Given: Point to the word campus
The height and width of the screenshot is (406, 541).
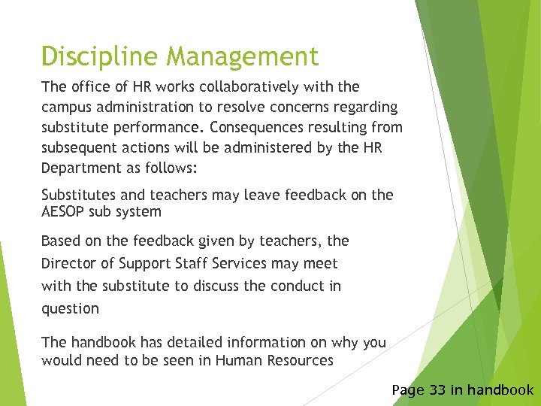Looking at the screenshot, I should click(x=67, y=108).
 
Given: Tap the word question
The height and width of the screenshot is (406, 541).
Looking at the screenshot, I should click(x=70, y=308).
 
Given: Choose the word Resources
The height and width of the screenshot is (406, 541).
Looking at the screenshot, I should click(x=296, y=360).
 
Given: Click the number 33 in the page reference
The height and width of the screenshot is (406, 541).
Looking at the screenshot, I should click(x=438, y=389).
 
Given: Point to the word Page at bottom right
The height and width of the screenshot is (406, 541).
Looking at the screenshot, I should click(x=409, y=389).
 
